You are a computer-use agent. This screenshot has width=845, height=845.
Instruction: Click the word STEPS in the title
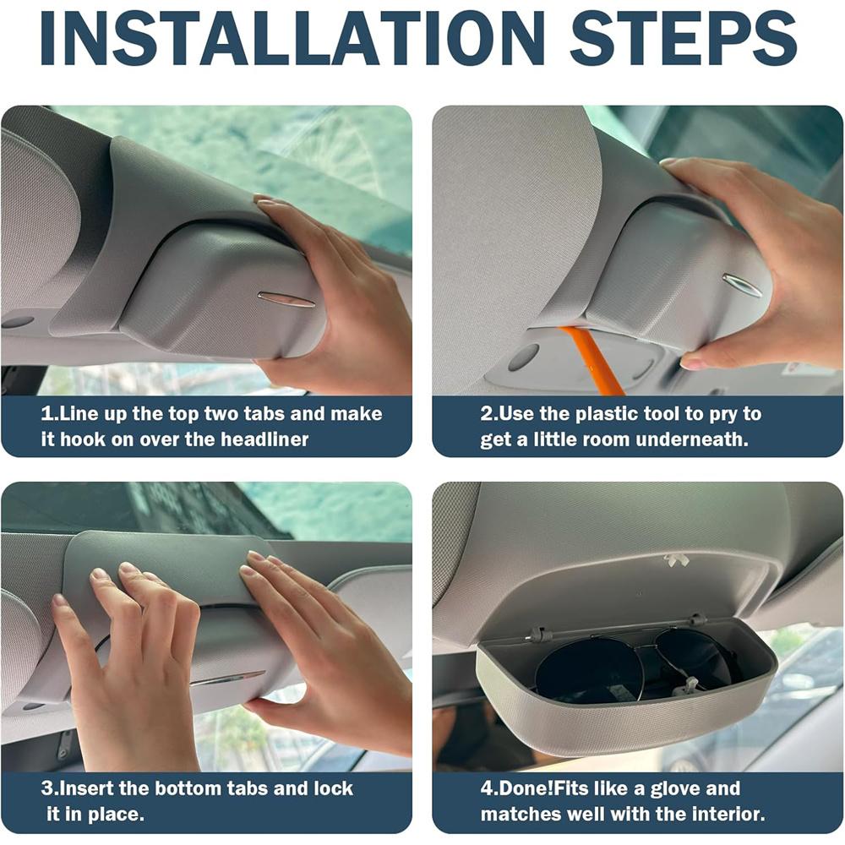pyautogui.click(x=684, y=38)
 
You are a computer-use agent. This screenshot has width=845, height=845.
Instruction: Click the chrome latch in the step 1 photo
pyautogui.click(x=286, y=299)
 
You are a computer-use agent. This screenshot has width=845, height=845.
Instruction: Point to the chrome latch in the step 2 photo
pyautogui.click(x=742, y=285)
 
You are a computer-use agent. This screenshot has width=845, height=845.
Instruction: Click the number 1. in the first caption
pyautogui.click(x=49, y=414)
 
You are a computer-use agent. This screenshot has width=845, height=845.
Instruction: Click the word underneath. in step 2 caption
pyautogui.click(x=692, y=439)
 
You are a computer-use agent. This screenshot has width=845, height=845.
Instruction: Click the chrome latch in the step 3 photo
pyautogui.click(x=227, y=679)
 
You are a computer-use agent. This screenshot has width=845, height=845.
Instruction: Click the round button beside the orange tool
pyautogui.click(x=523, y=357)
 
